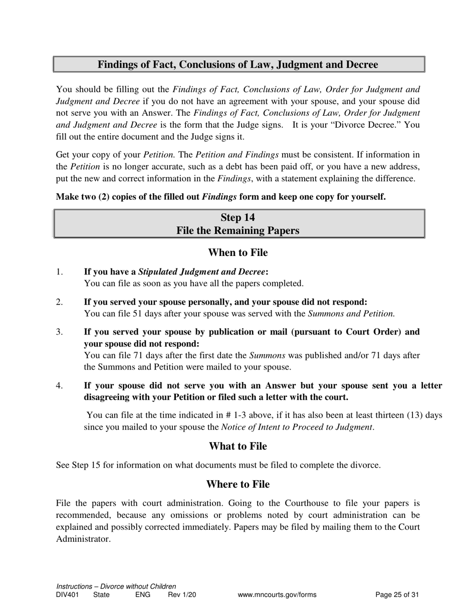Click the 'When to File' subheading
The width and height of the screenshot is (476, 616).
[237, 252]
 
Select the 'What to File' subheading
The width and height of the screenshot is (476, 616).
[237, 446]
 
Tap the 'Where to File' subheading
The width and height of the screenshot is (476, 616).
[237, 484]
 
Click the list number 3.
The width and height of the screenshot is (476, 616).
[60, 332]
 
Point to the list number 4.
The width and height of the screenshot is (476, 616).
[60, 386]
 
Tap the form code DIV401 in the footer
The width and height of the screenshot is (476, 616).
[68, 595]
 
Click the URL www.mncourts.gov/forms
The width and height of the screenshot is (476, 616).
[277, 595]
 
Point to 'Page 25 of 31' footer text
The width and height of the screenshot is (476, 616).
[397, 595]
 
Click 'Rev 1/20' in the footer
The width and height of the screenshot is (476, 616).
[182, 595]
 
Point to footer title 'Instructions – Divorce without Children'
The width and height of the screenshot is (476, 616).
[116, 586]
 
